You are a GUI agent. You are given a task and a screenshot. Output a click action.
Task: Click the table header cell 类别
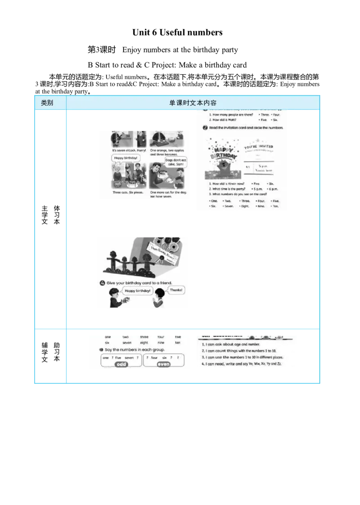click(x=47, y=103)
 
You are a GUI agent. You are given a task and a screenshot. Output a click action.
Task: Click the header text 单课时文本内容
click(x=193, y=103)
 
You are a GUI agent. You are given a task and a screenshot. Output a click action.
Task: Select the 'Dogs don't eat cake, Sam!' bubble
click(x=175, y=162)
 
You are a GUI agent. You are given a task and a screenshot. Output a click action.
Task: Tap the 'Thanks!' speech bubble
click(x=176, y=290)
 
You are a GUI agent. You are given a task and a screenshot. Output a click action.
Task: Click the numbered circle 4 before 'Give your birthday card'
click(x=102, y=283)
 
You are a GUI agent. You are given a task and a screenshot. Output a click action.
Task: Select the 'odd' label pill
click(x=121, y=365)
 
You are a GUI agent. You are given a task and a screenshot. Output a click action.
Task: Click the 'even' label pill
click(x=163, y=365)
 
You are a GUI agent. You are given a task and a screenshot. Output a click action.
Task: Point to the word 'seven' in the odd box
click(x=129, y=358)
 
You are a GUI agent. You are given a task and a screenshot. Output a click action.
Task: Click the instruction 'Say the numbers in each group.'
click(x=135, y=349)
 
